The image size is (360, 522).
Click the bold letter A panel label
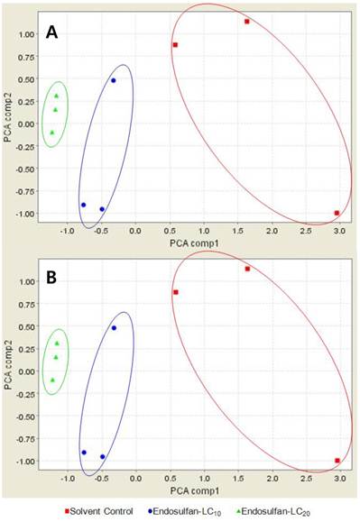(51, 32)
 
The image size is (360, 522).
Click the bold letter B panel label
(51, 278)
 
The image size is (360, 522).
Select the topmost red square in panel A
(247, 22)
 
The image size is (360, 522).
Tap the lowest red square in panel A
(337, 213)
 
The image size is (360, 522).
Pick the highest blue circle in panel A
(113, 80)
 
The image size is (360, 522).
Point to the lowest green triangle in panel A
(52, 133)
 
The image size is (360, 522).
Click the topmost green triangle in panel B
(57, 343)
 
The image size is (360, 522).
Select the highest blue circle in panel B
(114, 328)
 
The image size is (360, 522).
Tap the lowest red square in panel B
(337, 461)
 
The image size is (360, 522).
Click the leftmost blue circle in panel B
(84, 453)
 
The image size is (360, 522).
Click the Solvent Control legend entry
(99, 511)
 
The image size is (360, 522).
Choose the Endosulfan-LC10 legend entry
(184, 512)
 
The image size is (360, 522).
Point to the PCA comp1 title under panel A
(195, 243)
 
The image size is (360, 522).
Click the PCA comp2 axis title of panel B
(8, 365)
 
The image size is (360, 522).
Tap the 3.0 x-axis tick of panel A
(339, 231)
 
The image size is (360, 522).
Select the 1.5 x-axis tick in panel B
(238, 479)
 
